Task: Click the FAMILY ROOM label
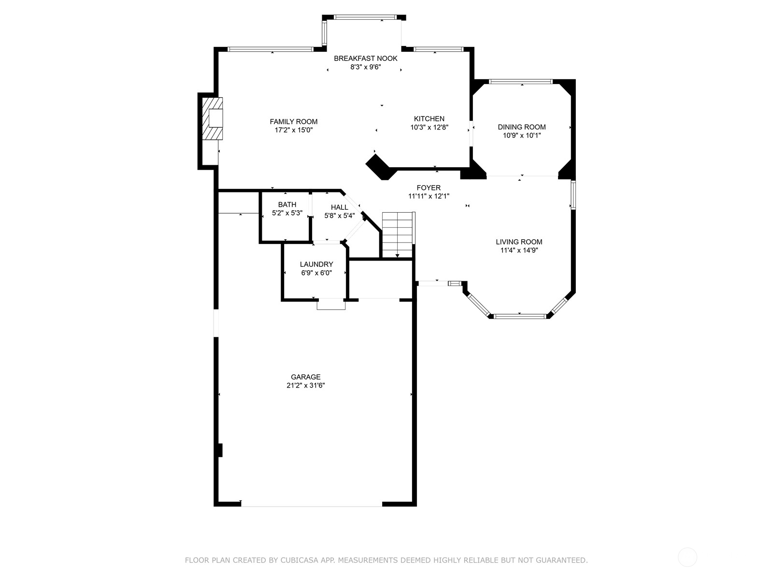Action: pyautogui.click(x=293, y=121)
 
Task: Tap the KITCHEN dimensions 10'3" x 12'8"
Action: pyautogui.click(x=429, y=127)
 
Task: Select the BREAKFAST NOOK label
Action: pyautogui.click(x=366, y=58)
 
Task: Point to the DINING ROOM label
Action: pyautogui.click(x=522, y=127)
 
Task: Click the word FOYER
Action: pyautogui.click(x=429, y=188)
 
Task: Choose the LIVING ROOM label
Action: pyautogui.click(x=519, y=242)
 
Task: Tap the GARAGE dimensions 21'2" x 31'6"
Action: pyautogui.click(x=306, y=385)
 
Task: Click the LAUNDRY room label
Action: pyautogui.click(x=316, y=264)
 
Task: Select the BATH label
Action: pyautogui.click(x=287, y=204)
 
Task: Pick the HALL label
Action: pyautogui.click(x=339, y=207)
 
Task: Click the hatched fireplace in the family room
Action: pyautogui.click(x=213, y=119)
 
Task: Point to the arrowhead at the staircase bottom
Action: pyautogui.click(x=397, y=256)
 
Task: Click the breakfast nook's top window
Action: pyautogui.click(x=365, y=17)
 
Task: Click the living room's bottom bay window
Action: pyautogui.click(x=520, y=316)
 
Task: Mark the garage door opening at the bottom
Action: pyautogui.click(x=311, y=506)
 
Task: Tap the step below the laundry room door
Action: pyautogui.click(x=331, y=304)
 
